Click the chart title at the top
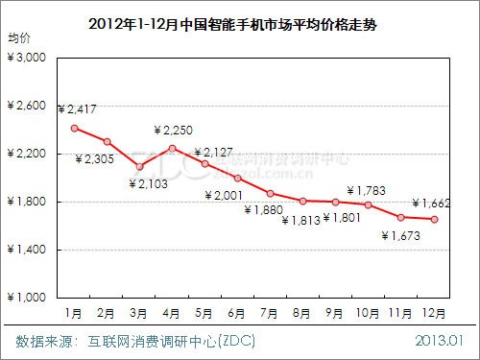240,23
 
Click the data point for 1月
74,128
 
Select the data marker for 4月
172,148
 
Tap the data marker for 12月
436,219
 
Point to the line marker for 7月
271,193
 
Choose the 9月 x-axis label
337,312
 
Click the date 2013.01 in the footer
440,341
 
